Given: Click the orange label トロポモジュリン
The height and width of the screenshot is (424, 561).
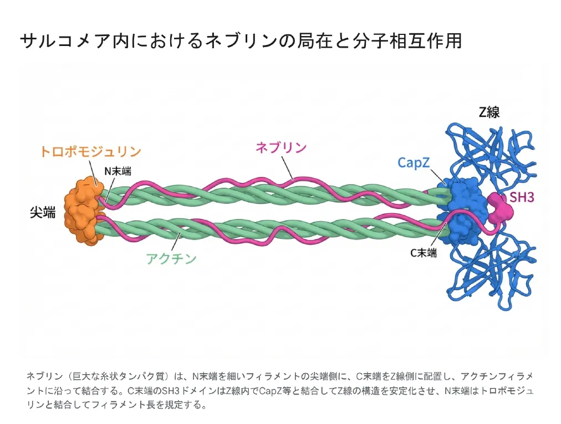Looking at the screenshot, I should click(90, 151).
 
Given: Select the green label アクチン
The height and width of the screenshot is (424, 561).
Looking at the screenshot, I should click(171, 258).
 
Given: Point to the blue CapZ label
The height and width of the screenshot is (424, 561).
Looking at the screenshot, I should click(414, 162).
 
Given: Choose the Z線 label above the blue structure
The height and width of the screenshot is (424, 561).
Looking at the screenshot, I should click(489, 112).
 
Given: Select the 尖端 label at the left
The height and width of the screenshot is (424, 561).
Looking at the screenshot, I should click(43, 212).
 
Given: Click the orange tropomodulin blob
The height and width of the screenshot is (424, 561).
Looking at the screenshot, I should click(81, 211).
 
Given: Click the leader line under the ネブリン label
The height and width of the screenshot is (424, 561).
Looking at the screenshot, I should click(287, 166).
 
